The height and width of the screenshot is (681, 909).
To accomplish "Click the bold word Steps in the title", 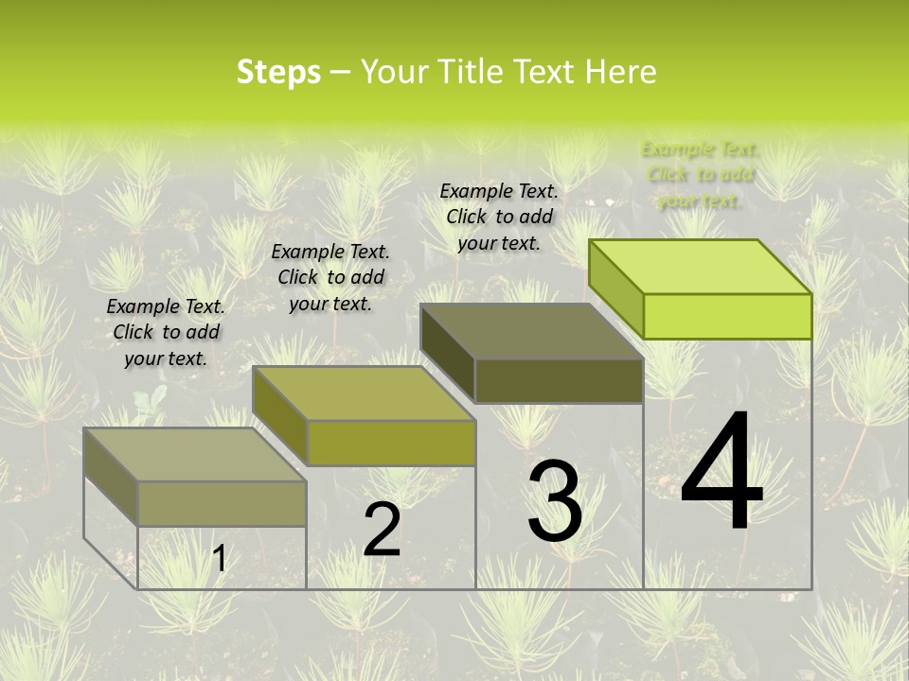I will click(x=278, y=72).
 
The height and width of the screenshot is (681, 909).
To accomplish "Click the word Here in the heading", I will click(x=620, y=72).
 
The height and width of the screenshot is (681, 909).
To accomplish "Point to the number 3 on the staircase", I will click(x=555, y=501).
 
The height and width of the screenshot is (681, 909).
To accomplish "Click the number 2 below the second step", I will click(x=383, y=530).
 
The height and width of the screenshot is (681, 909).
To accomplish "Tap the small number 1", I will click(x=220, y=559).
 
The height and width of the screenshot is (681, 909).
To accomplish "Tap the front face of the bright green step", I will click(x=727, y=316).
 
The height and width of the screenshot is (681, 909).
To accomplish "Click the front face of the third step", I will click(x=559, y=380).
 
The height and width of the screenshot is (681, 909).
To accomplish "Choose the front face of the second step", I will click(x=391, y=443).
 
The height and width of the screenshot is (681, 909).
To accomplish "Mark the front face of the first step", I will click(x=223, y=503).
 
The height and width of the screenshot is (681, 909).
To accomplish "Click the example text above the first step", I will click(x=166, y=332).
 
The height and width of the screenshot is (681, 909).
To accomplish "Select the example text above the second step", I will click(x=330, y=277).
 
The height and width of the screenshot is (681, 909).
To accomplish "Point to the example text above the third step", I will click(x=499, y=217).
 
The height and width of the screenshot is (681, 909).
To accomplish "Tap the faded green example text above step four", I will click(x=700, y=174).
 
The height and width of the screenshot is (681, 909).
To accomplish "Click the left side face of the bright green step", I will click(x=616, y=288).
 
